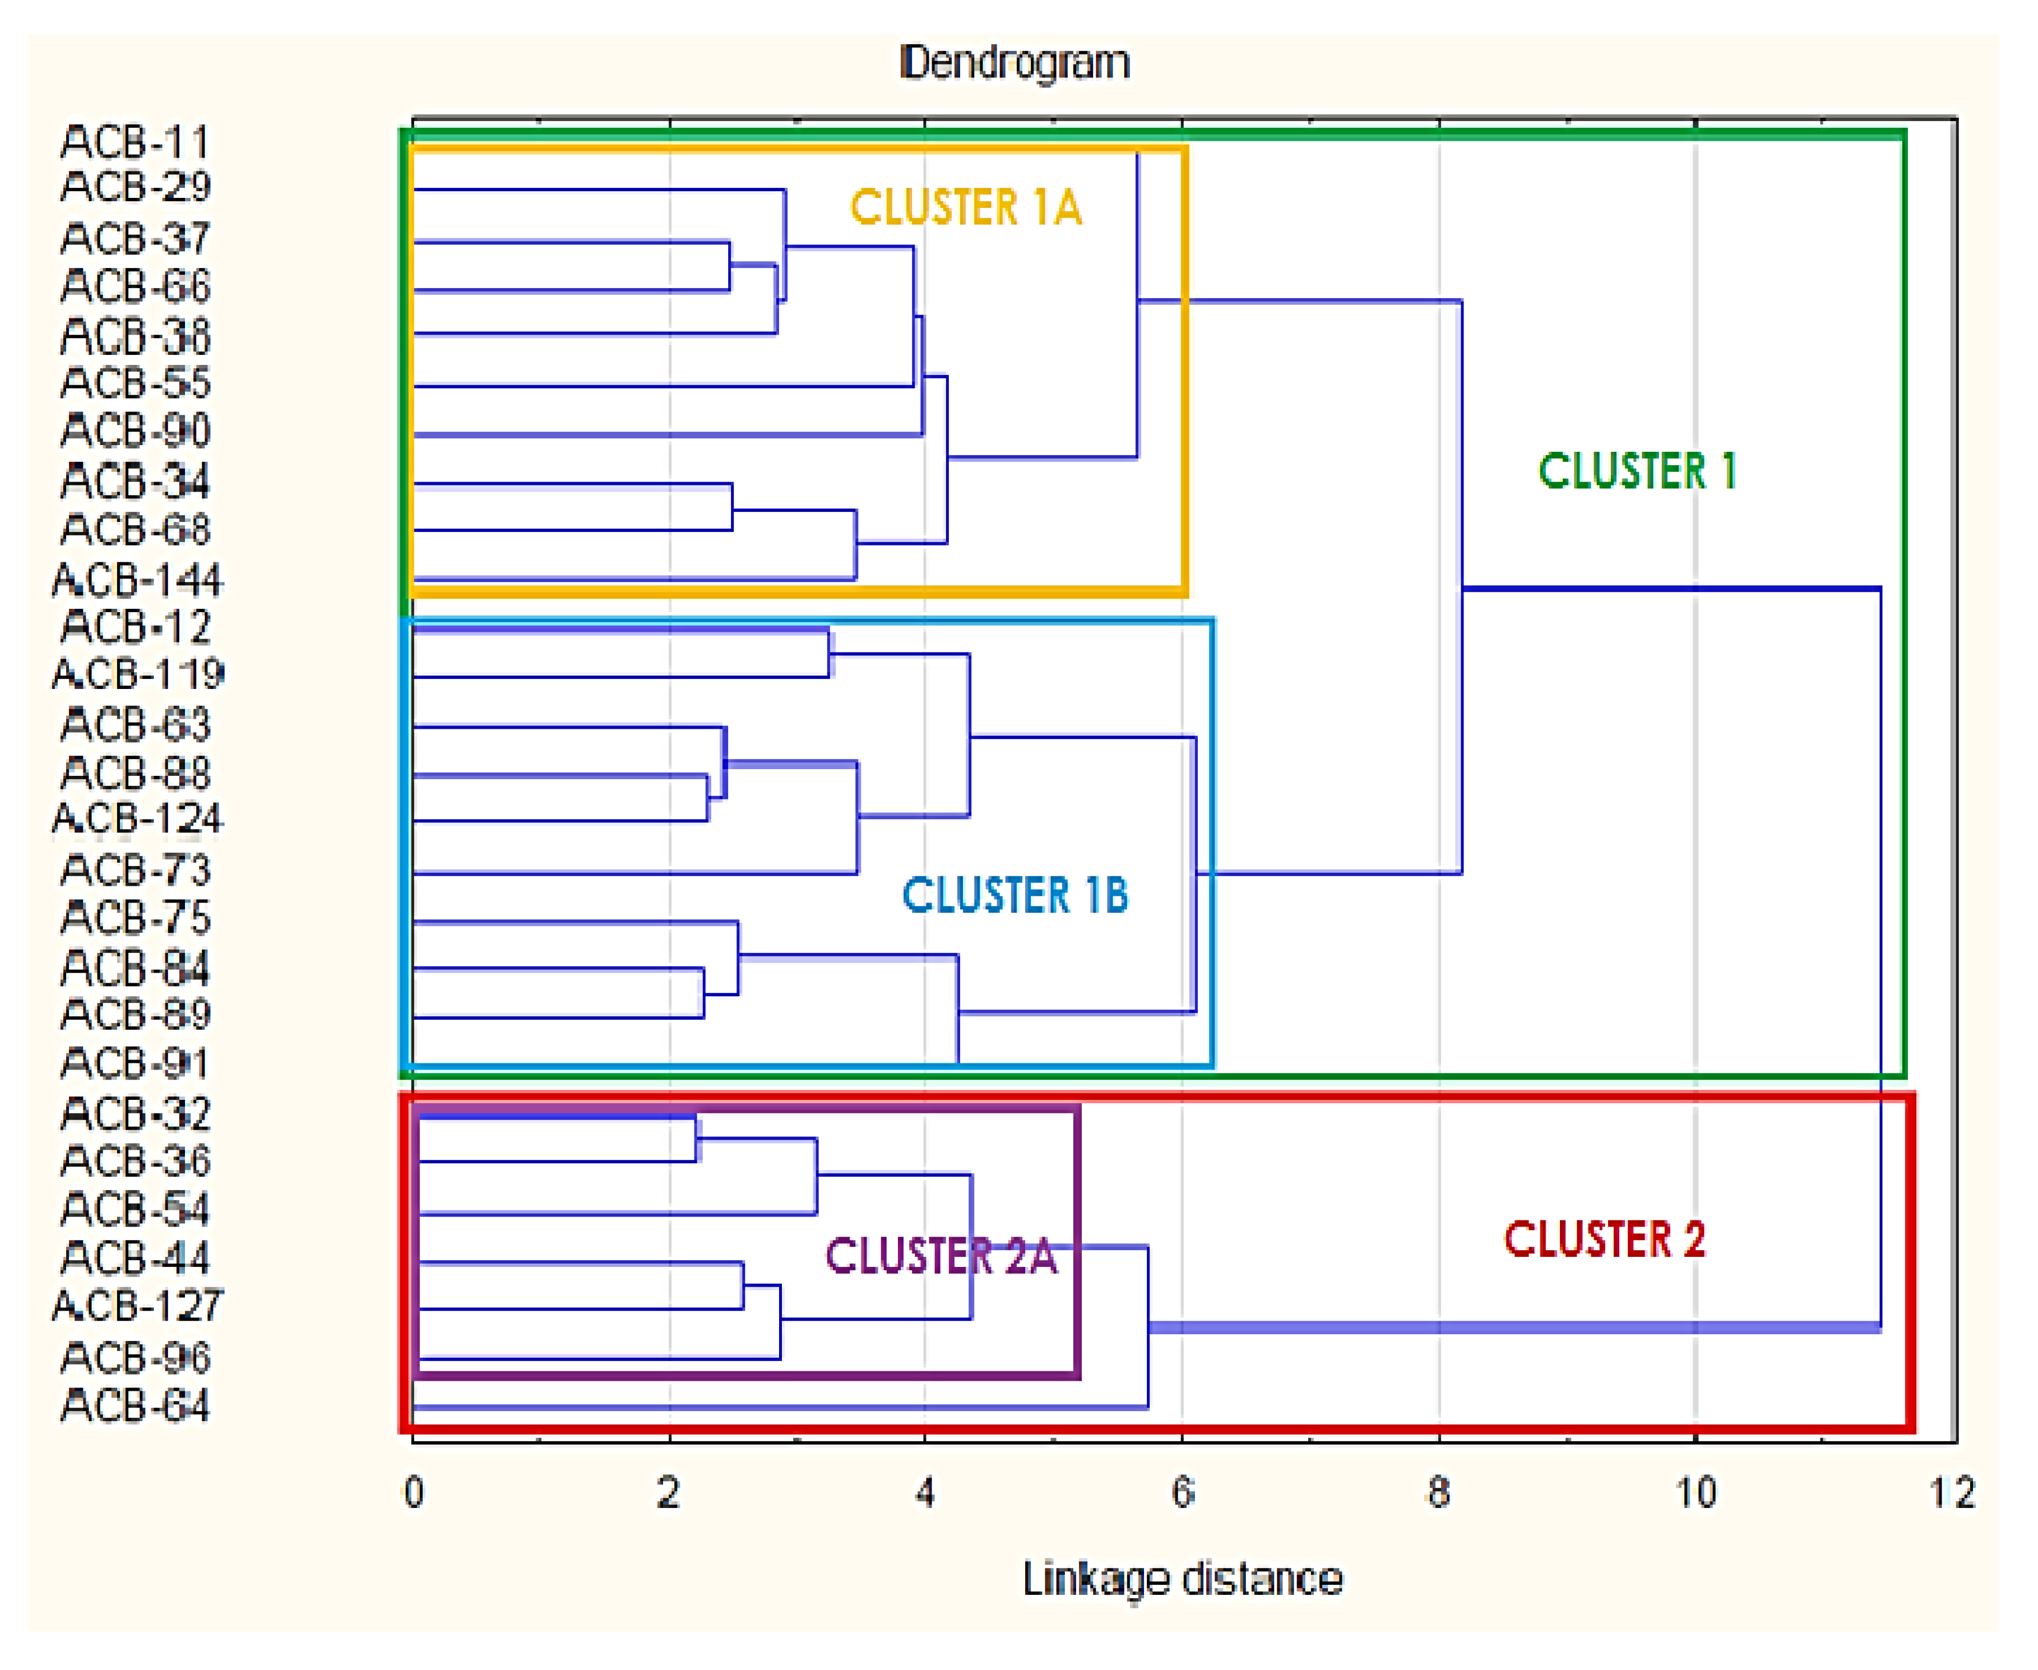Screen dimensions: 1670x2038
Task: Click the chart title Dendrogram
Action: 1015,63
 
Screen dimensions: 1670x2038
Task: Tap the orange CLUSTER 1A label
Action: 966,208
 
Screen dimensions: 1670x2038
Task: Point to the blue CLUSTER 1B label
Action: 1015,896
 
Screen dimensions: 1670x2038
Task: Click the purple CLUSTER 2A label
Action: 941,1256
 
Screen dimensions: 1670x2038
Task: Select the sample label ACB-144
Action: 137,580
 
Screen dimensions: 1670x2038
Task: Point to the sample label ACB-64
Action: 135,1405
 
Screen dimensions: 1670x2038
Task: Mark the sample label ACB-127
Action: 137,1306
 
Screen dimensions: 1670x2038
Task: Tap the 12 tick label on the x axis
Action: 1952,1493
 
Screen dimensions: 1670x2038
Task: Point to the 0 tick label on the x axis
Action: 414,1493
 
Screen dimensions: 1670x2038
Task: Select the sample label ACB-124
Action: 137,818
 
